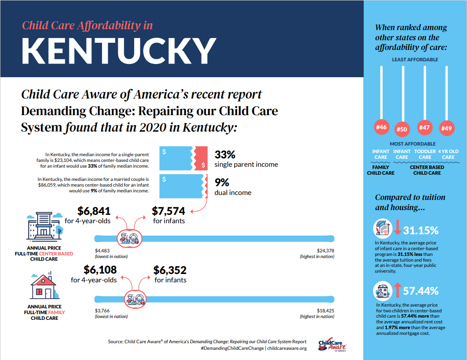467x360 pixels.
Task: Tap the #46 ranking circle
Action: (x=380, y=127)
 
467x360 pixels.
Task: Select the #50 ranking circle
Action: (x=402, y=129)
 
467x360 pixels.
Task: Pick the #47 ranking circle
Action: (x=424, y=127)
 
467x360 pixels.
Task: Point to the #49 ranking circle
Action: (x=446, y=128)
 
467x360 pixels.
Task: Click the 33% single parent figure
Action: (x=225, y=155)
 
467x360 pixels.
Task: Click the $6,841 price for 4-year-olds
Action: (x=94, y=211)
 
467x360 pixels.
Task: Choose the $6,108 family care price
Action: (x=94, y=270)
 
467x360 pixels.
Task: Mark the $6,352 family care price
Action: (x=170, y=270)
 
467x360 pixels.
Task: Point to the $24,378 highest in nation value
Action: (x=325, y=250)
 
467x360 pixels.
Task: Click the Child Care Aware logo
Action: (x=332, y=345)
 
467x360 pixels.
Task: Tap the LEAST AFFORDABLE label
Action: (x=414, y=59)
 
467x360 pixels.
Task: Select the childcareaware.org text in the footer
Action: (x=286, y=349)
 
